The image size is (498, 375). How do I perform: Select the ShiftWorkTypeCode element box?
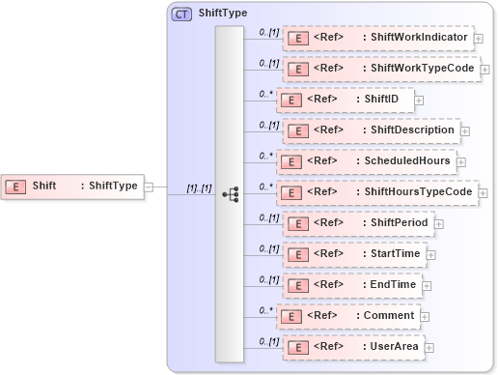click(x=380, y=70)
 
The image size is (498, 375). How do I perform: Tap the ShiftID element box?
click(x=345, y=100)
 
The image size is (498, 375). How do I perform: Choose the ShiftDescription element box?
click(x=370, y=130)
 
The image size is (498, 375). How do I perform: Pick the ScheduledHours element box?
click(x=366, y=161)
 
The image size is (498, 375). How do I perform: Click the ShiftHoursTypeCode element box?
click(x=377, y=192)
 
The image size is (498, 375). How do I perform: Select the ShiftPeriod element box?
click(x=357, y=223)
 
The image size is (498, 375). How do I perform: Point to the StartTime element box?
click(x=354, y=254)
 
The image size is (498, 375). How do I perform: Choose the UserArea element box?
click(x=353, y=347)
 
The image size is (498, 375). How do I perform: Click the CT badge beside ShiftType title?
click(x=181, y=14)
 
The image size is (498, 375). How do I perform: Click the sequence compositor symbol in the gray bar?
click(x=230, y=193)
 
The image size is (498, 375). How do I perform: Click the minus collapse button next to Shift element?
click(x=149, y=187)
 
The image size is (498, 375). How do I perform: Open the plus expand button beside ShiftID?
click(x=419, y=101)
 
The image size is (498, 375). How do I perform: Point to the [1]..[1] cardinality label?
click(x=199, y=187)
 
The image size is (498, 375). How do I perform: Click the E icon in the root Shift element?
click(x=16, y=187)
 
